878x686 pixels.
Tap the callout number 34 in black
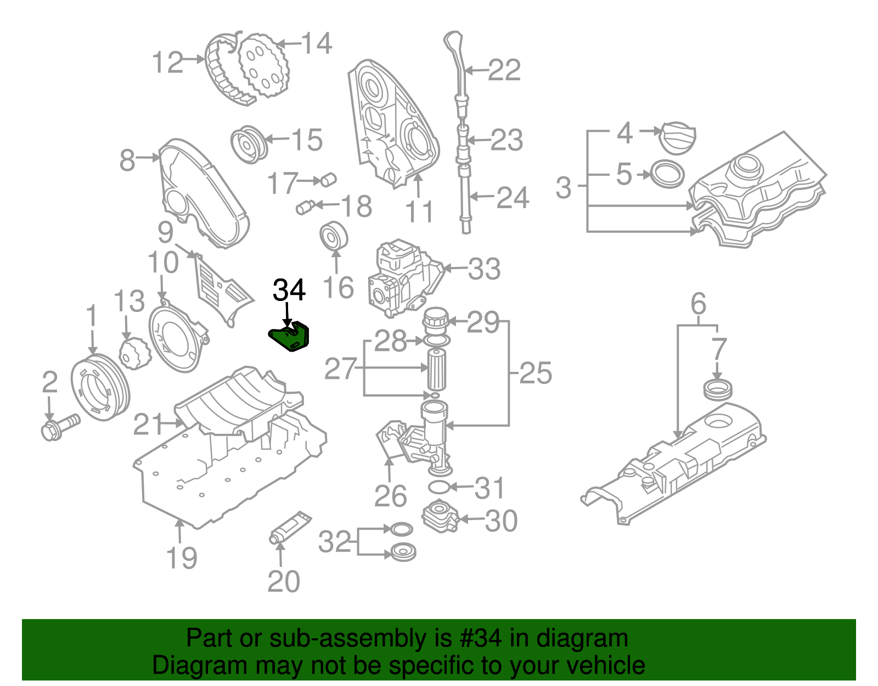[x=289, y=291]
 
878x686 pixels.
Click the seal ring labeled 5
[x=667, y=174]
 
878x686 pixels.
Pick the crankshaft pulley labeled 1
[x=100, y=388]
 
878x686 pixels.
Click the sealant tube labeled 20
[x=290, y=527]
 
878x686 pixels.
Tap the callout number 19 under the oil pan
[x=182, y=558]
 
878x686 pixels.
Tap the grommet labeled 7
[x=717, y=389]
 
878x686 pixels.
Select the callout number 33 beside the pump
[x=485, y=269]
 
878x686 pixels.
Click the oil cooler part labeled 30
[x=440, y=517]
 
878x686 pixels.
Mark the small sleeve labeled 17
[x=329, y=180]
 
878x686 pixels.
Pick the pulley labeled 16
[x=334, y=237]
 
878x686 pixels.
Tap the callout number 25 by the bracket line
[x=535, y=373]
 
